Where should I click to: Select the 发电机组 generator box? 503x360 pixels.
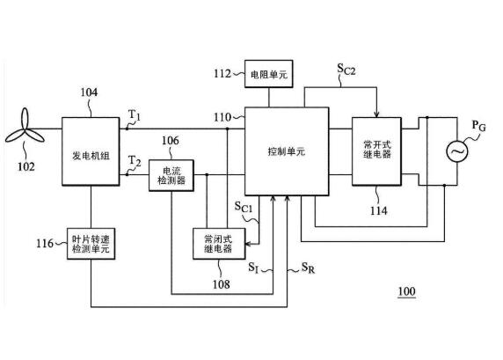[x=91, y=151]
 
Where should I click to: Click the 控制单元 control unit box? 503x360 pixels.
[x=286, y=151]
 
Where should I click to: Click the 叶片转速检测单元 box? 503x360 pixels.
[x=91, y=244]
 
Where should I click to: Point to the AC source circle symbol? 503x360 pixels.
[x=458, y=151]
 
